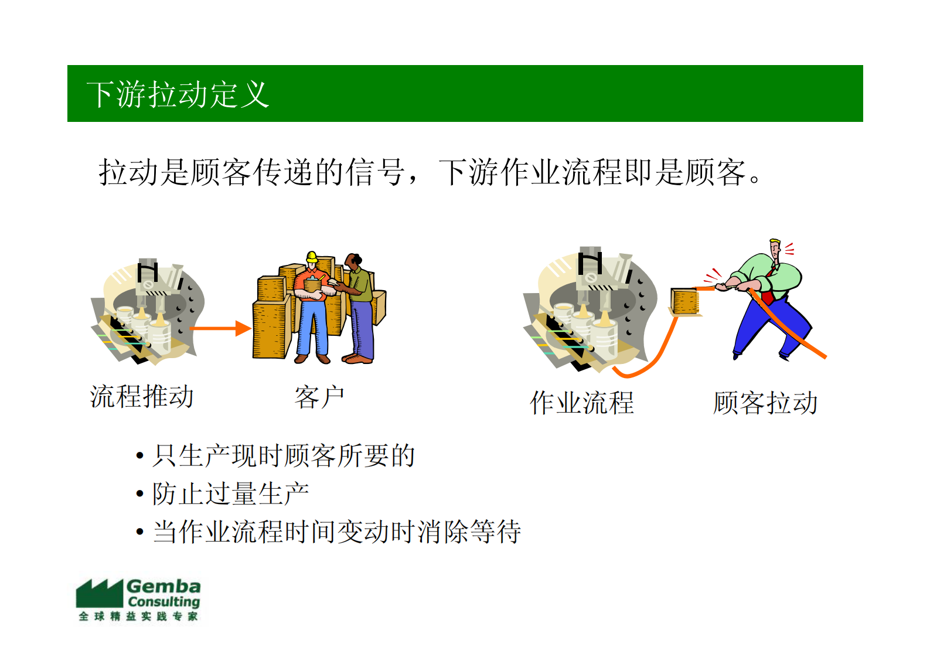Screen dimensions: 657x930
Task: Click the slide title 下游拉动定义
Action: tap(178, 94)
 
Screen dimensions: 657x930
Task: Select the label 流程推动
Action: tap(142, 397)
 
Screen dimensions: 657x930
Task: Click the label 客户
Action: tap(319, 398)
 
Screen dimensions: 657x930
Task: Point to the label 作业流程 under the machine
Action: tap(581, 403)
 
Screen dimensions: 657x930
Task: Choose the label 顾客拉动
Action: tap(765, 403)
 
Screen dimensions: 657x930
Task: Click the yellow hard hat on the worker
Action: tap(312, 257)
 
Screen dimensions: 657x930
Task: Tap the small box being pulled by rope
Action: tap(684, 301)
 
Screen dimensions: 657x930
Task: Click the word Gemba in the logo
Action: tap(163, 587)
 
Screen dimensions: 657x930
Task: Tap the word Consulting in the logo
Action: tap(164, 602)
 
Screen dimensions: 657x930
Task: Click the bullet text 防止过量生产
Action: tap(230, 493)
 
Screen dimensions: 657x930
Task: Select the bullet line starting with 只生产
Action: tap(284, 456)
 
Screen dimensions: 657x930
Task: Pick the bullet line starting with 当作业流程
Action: tap(337, 532)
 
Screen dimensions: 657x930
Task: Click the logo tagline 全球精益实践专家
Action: tap(138, 617)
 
